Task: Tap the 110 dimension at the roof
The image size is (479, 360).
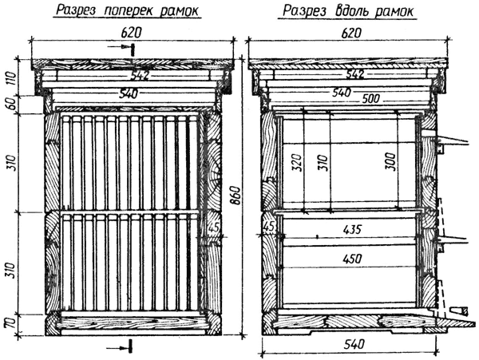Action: coord(11,78)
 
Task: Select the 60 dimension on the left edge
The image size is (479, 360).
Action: coord(11,105)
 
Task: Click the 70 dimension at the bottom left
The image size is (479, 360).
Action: coord(11,323)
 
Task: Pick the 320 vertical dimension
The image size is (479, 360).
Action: coord(297,162)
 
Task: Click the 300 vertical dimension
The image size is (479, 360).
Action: coord(392,162)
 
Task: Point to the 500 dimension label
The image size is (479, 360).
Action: coord(371,99)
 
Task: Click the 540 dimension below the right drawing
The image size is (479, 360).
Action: coord(354,344)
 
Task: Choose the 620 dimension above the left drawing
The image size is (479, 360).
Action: coord(132,33)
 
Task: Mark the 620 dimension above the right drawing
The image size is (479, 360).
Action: coord(351,33)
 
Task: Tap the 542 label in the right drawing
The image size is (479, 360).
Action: coord(354,74)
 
